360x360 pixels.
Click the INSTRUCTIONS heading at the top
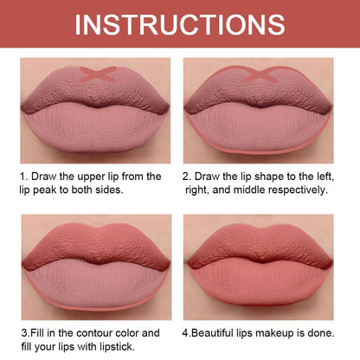point(179,23)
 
